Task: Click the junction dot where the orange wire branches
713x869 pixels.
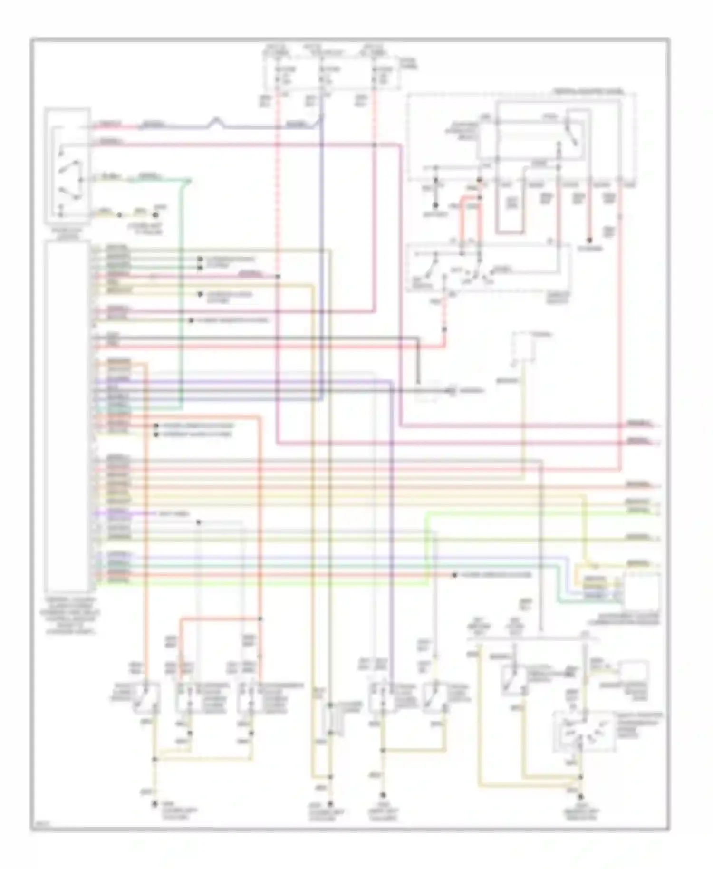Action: [260, 619]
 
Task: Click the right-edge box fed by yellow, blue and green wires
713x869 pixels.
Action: [642, 592]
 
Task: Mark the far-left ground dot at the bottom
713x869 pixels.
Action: [154, 804]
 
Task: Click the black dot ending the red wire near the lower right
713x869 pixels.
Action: [454, 575]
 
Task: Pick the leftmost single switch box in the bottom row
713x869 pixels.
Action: [147, 699]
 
